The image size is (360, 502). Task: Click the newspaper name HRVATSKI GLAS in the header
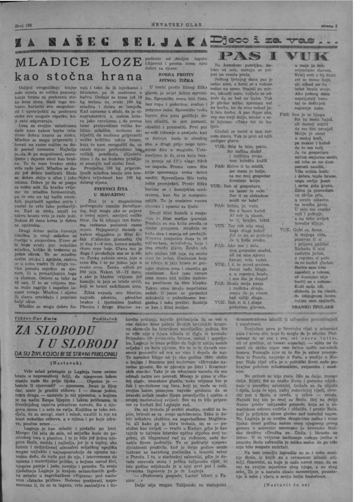[180, 24]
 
